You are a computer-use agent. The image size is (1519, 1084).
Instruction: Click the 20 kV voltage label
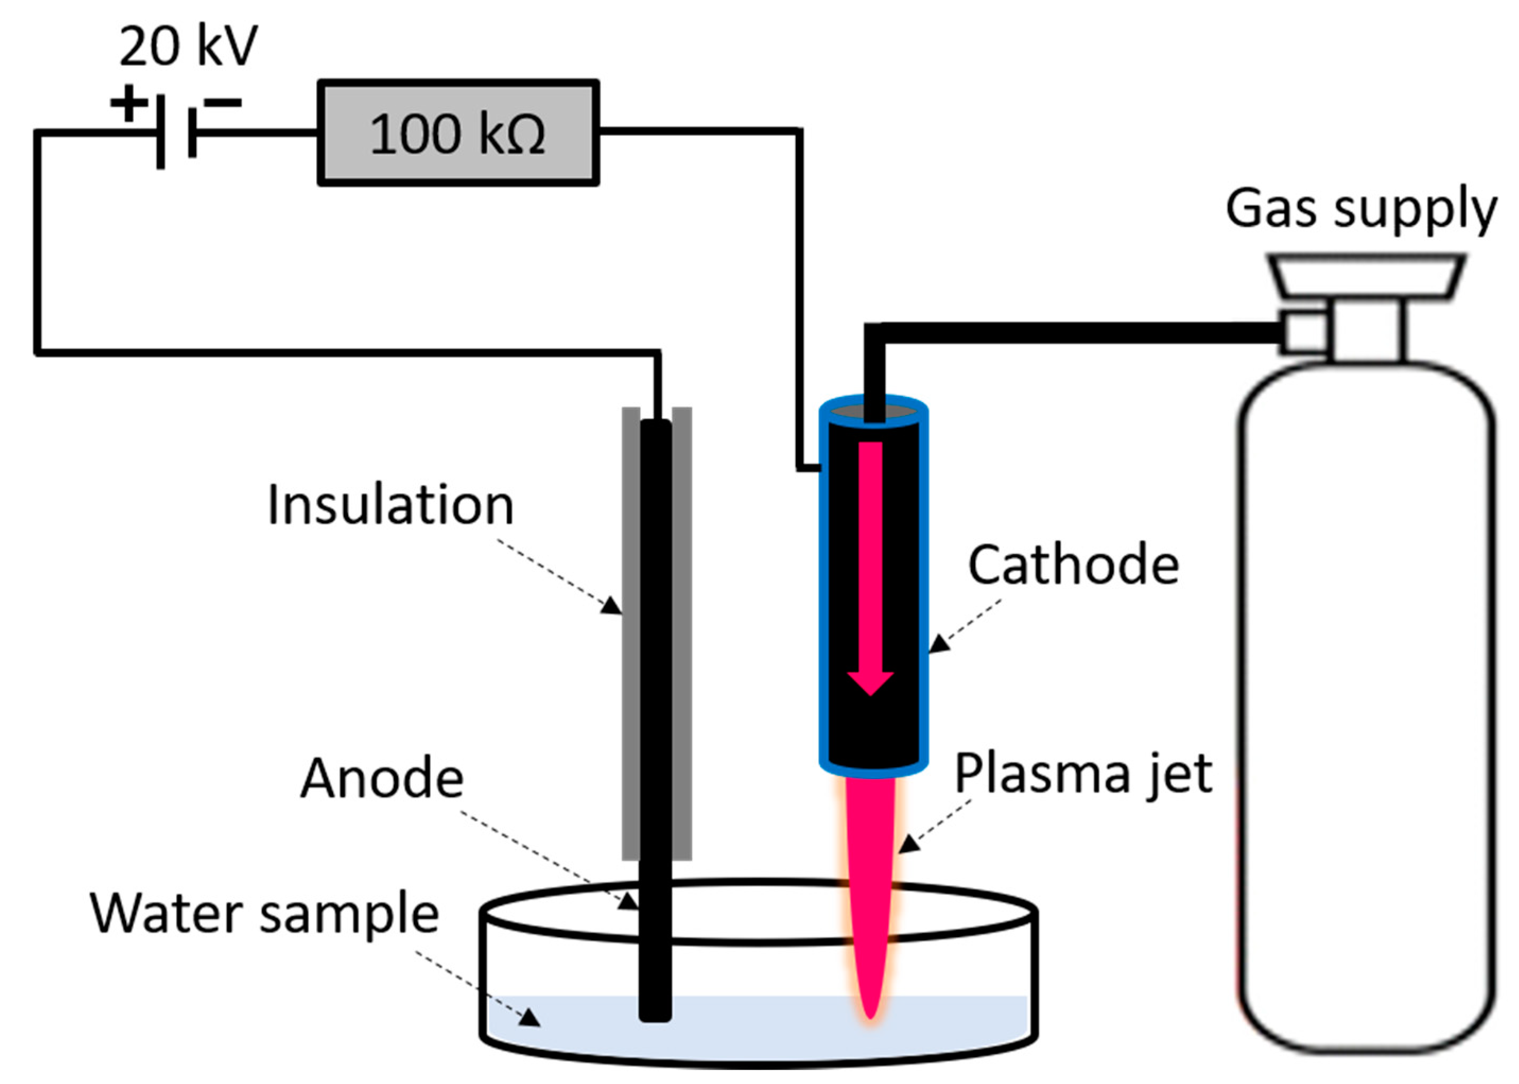tap(188, 47)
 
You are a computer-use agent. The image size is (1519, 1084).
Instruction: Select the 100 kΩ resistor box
tap(458, 133)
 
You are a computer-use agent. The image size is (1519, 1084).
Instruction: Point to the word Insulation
tap(390, 505)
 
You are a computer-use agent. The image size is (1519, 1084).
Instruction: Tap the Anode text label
tap(382, 779)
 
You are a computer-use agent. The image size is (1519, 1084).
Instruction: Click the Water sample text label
tap(265, 914)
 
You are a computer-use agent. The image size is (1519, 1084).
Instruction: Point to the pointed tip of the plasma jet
tap(870, 1014)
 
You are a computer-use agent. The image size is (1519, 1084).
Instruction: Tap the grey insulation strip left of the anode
tap(631, 634)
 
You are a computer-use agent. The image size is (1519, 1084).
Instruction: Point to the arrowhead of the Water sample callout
tap(531, 1018)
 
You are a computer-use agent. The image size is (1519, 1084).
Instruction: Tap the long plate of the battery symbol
tap(160, 132)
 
